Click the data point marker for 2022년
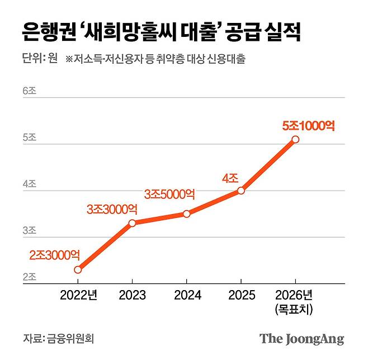click(78, 269)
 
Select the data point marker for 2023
click(132, 223)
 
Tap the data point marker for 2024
click(187, 214)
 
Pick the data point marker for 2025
click(241, 191)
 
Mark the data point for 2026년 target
click(295, 139)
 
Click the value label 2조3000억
click(54, 255)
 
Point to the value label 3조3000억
click(112, 209)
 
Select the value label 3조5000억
click(169, 194)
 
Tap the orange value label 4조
click(230, 179)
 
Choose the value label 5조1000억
click(309, 126)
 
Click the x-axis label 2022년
click(78, 296)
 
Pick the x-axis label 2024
click(187, 296)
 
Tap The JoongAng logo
click(301, 339)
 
